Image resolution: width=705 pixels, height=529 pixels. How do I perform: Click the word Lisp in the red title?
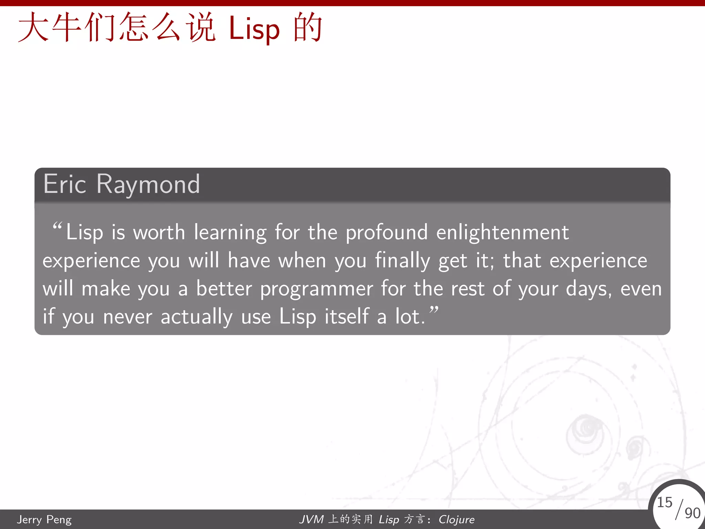coord(254,30)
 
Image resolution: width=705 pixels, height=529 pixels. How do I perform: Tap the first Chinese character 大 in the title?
coord(33,28)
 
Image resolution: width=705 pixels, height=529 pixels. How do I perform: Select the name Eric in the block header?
coord(64,184)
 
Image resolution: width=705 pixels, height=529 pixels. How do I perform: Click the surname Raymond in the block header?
coord(148,185)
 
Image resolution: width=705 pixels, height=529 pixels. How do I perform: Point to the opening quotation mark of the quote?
coord(57,226)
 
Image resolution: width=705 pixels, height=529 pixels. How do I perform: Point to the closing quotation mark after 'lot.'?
coord(434,310)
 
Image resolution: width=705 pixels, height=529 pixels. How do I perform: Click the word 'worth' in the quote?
coord(159,232)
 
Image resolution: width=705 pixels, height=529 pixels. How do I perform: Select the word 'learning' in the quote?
coord(230,233)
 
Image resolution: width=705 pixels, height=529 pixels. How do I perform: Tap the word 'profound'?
coord(387,233)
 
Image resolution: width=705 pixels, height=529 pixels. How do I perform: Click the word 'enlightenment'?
coord(502,233)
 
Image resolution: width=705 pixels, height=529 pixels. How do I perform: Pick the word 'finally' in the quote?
coord(402,261)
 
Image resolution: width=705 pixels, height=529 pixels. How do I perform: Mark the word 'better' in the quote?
coord(224,289)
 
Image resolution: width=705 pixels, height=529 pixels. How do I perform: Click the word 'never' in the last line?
coord(127,317)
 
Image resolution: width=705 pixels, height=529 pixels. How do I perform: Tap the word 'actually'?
coord(197,317)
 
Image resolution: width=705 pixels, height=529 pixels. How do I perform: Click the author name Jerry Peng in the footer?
coord(44,519)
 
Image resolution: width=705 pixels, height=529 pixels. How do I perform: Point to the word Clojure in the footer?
coord(456,519)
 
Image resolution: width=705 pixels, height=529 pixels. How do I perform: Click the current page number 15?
coord(664,502)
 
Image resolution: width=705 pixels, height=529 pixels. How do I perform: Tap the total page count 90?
coord(692,513)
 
